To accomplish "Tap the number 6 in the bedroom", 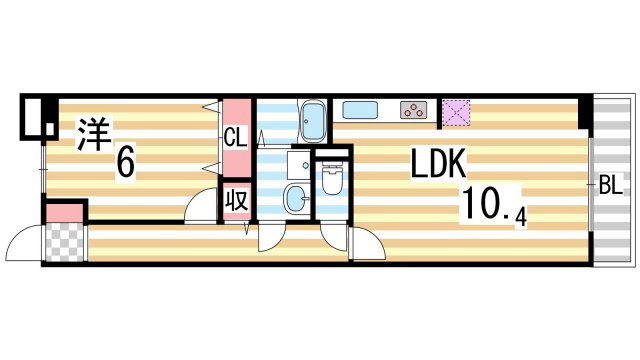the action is (125, 162).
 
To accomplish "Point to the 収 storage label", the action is (237, 200).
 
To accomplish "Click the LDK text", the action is (438, 163).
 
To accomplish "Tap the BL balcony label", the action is (611, 185).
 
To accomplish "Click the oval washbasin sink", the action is (298, 198).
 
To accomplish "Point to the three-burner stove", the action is (413, 110).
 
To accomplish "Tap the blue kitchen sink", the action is (360, 110).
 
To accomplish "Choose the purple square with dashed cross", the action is (456, 113).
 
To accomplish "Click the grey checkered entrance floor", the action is (64, 242).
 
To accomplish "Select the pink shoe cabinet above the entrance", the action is (64, 213).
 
